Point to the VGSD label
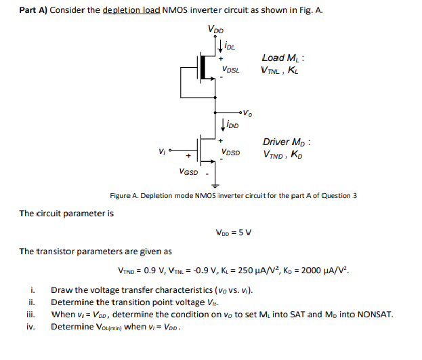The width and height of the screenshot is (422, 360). coord(189,172)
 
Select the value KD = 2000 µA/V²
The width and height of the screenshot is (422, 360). coord(316,269)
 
